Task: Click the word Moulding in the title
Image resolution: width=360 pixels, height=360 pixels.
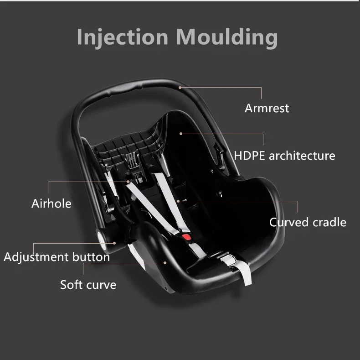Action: [x=227, y=37]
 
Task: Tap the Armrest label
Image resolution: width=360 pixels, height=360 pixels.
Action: [x=267, y=108]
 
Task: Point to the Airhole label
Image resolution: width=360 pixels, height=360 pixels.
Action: [x=51, y=203]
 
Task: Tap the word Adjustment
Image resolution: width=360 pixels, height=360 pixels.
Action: [x=36, y=257]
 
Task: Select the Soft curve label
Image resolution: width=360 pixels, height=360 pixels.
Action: [x=88, y=285]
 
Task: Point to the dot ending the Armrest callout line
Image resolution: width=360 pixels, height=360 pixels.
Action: [x=180, y=87]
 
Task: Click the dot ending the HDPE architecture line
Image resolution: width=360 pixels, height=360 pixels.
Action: [x=181, y=133]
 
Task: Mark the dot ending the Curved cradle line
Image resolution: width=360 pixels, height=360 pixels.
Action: [x=179, y=200]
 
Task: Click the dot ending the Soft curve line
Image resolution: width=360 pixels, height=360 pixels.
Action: [x=165, y=262]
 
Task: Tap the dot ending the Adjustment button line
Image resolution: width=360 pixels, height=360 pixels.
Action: [x=115, y=243]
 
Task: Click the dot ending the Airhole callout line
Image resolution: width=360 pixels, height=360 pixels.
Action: [x=129, y=182]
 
